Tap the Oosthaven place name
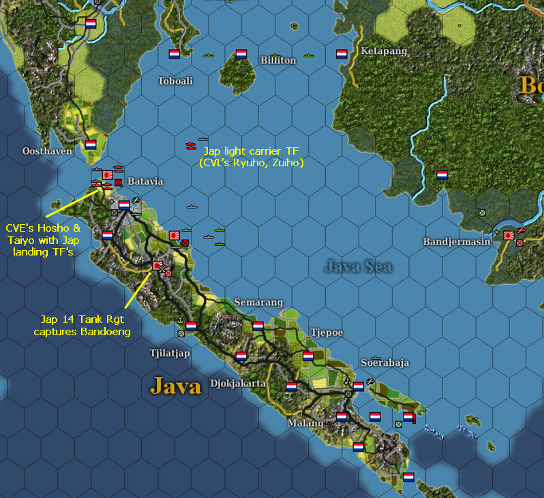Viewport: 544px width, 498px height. [47, 151]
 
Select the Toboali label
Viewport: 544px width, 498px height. [175, 81]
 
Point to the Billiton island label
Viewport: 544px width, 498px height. [278, 61]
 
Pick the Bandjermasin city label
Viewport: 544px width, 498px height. [453, 242]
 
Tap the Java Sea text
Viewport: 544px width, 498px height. [358, 266]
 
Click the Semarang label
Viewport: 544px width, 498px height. [256, 302]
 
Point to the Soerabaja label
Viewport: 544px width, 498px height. [384, 362]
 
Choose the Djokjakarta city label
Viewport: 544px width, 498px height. [238, 383]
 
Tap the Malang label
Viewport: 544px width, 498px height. [305, 423]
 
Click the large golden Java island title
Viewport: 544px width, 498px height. [176, 387]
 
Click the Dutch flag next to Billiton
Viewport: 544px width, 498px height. [241, 54]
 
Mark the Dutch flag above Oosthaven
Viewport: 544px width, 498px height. [91, 144]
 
